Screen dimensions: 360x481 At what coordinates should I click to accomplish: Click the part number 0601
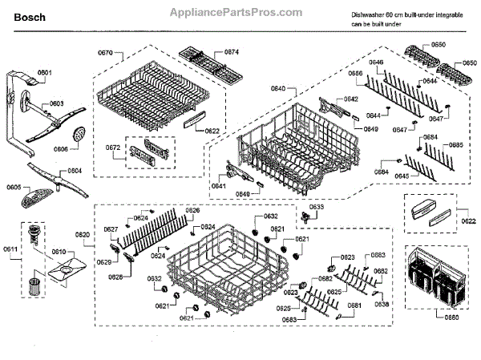44,73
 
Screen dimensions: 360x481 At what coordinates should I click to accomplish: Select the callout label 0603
58,104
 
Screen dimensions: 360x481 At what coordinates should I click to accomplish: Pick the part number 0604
74,171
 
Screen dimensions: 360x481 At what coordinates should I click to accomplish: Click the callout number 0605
14,187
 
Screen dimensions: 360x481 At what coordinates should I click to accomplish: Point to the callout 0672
114,148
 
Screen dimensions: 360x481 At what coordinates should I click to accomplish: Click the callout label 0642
350,99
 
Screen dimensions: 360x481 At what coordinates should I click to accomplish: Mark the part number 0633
316,207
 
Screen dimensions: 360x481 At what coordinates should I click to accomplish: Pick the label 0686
355,73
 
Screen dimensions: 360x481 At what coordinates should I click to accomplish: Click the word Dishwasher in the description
369,15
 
